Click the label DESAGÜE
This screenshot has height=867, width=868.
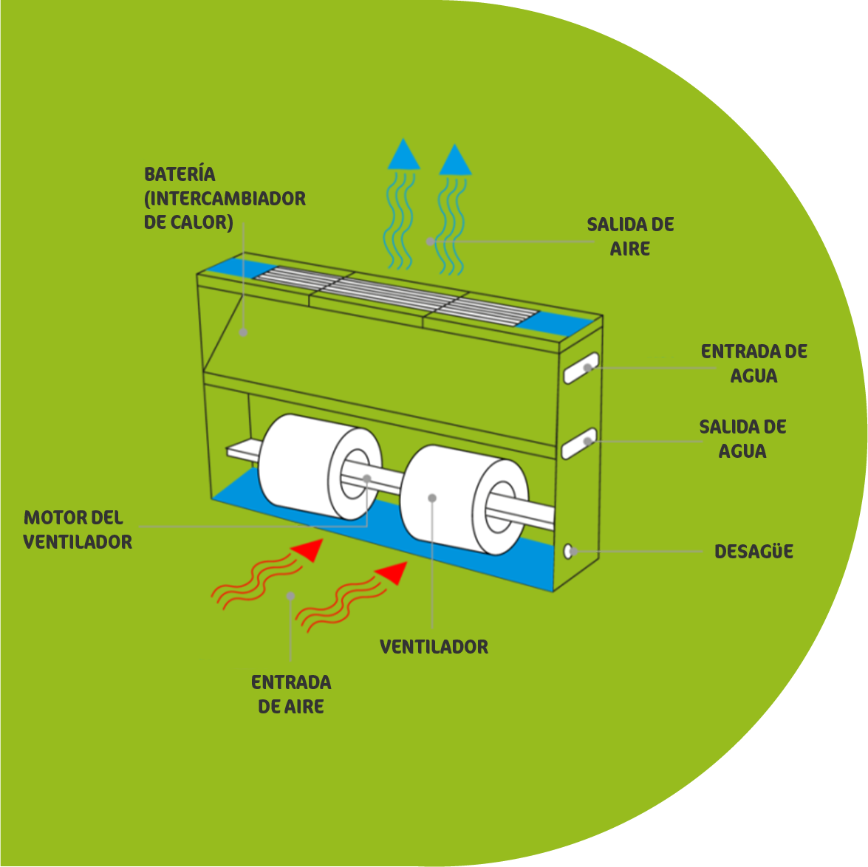click(x=753, y=551)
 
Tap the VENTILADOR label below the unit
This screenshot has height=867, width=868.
click(x=434, y=647)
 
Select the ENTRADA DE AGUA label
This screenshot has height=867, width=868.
click(x=753, y=363)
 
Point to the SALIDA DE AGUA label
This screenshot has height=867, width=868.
click(x=742, y=439)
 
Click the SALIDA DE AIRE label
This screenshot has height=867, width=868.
click(x=630, y=236)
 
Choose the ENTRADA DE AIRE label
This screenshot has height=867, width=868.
click(x=291, y=694)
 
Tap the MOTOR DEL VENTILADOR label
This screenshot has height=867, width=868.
click(x=78, y=530)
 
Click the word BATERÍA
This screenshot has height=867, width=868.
click(x=180, y=174)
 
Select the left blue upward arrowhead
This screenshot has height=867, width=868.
click(x=403, y=154)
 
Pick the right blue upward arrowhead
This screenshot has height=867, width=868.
click(x=455, y=160)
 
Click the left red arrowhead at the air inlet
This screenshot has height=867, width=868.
click(x=308, y=550)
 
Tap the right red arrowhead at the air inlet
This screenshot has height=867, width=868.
click(x=392, y=573)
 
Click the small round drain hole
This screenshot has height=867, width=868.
click(x=567, y=551)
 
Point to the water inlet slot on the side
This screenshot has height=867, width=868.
click(x=581, y=368)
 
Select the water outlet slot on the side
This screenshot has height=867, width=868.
click(x=579, y=444)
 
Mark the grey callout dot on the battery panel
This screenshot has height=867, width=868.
click(x=243, y=332)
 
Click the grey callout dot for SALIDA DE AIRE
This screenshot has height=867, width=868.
click(x=430, y=241)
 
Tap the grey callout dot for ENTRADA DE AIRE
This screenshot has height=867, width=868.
click(x=290, y=596)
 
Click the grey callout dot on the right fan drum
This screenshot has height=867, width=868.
click(x=432, y=498)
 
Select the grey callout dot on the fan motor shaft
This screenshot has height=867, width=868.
click(x=366, y=479)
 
